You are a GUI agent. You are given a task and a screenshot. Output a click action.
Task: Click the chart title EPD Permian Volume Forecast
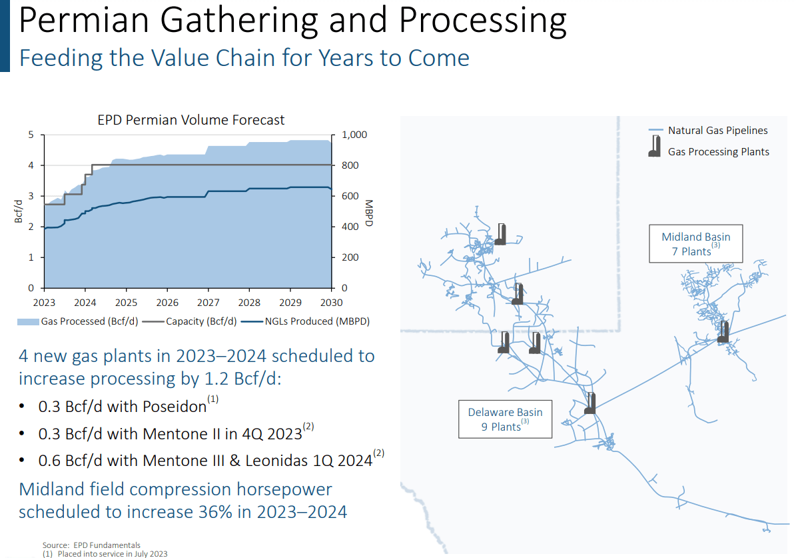click(x=191, y=120)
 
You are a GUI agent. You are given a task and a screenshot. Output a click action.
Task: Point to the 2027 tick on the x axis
click(x=208, y=302)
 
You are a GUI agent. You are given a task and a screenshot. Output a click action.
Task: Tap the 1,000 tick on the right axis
click(x=354, y=135)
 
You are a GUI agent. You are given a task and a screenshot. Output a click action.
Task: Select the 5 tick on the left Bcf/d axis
click(x=31, y=135)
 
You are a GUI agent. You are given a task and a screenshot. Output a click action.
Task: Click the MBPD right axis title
click(x=368, y=212)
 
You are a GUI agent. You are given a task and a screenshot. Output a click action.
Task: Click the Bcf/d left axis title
click(x=19, y=211)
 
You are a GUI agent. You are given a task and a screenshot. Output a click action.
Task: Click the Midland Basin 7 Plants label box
click(x=695, y=244)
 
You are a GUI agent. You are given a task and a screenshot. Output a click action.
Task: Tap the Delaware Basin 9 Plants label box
click(x=505, y=419)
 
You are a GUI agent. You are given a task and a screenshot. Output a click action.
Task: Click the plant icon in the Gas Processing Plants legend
click(x=655, y=147)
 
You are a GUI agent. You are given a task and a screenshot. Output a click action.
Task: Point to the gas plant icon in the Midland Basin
click(x=723, y=332)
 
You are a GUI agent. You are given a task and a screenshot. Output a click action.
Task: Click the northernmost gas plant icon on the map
click(x=500, y=234)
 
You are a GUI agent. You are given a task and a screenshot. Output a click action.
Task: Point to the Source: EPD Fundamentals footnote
click(x=91, y=545)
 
